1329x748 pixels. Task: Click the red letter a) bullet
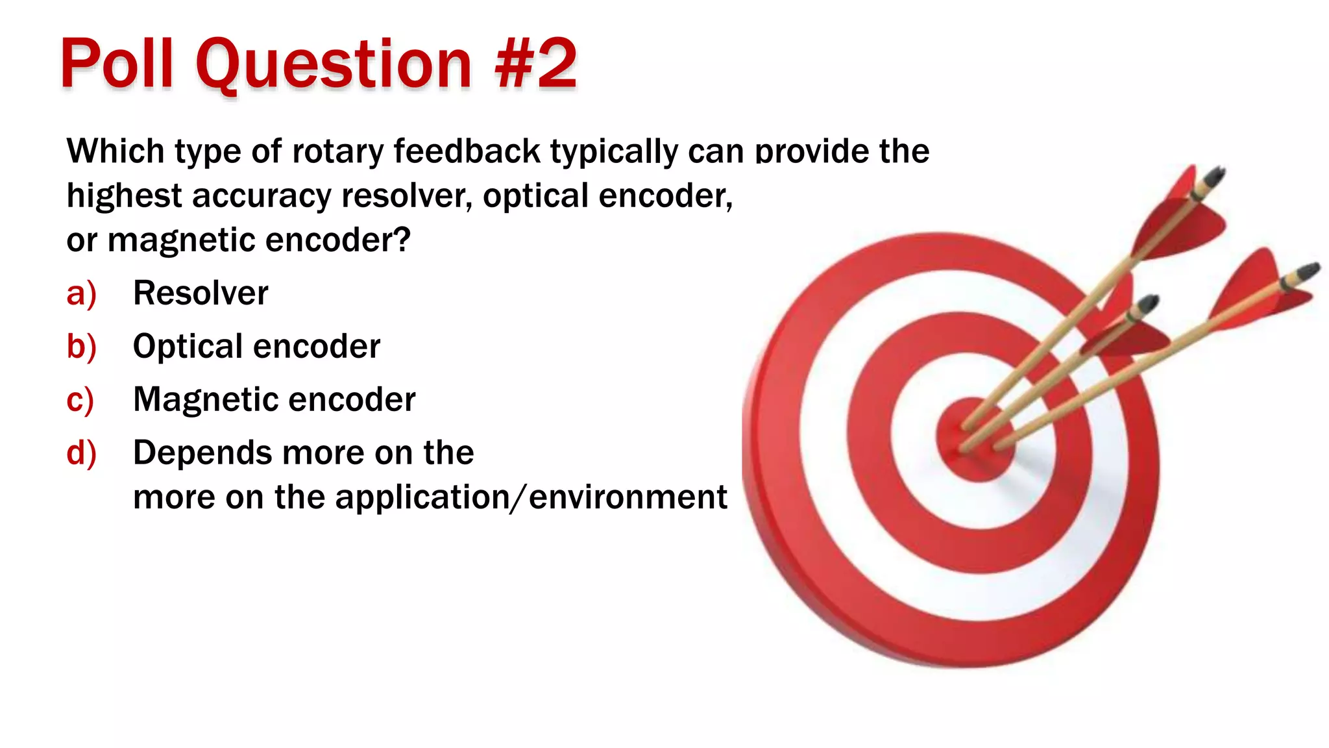(81, 293)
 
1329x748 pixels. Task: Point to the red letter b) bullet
(81, 346)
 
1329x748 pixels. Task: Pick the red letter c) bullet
(80, 399)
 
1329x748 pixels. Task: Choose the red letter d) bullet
(81, 453)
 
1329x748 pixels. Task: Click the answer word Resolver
(200, 293)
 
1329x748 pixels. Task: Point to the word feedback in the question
(467, 151)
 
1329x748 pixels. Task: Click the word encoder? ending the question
(338, 240)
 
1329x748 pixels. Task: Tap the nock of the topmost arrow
(1213, 176)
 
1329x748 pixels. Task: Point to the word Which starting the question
(115, 151)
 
